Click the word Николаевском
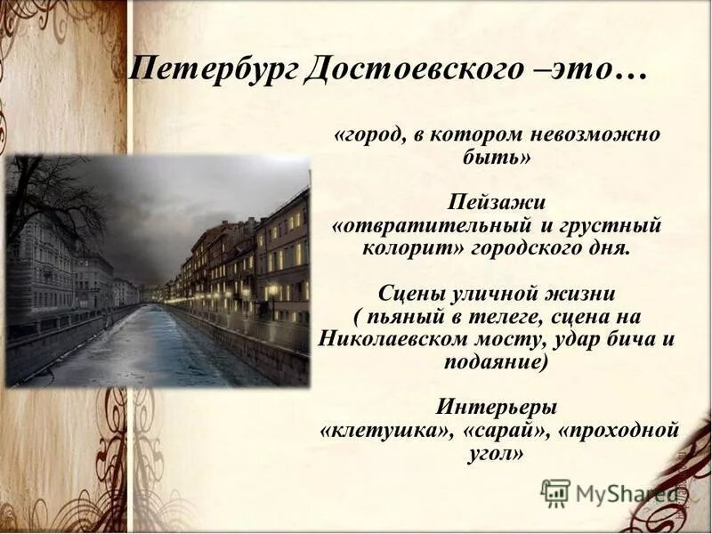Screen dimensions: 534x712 tap(401, 339)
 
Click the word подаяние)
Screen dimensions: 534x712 tap(494, 362)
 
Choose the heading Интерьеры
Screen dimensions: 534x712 tap(496, 408)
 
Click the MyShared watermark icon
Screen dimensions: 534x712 tap(555, 492)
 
